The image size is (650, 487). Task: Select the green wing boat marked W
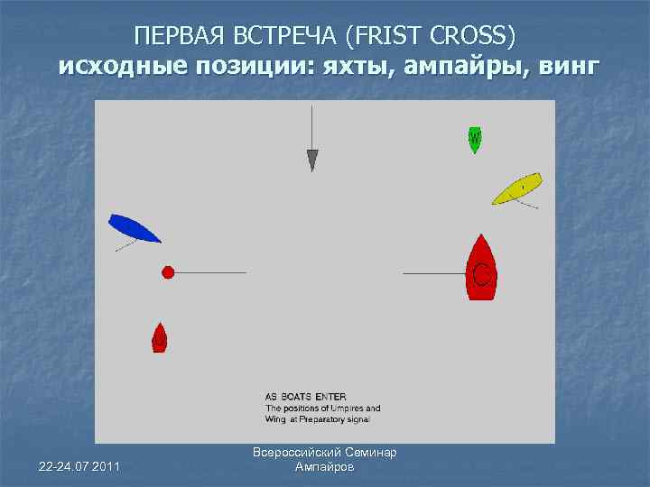474,139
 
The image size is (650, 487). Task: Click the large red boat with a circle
481,268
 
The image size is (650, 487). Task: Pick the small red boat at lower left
159,337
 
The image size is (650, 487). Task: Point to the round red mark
168,272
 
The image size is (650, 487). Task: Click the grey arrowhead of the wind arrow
312,161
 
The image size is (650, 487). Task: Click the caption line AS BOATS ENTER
305,396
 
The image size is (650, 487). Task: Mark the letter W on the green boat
474,139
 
